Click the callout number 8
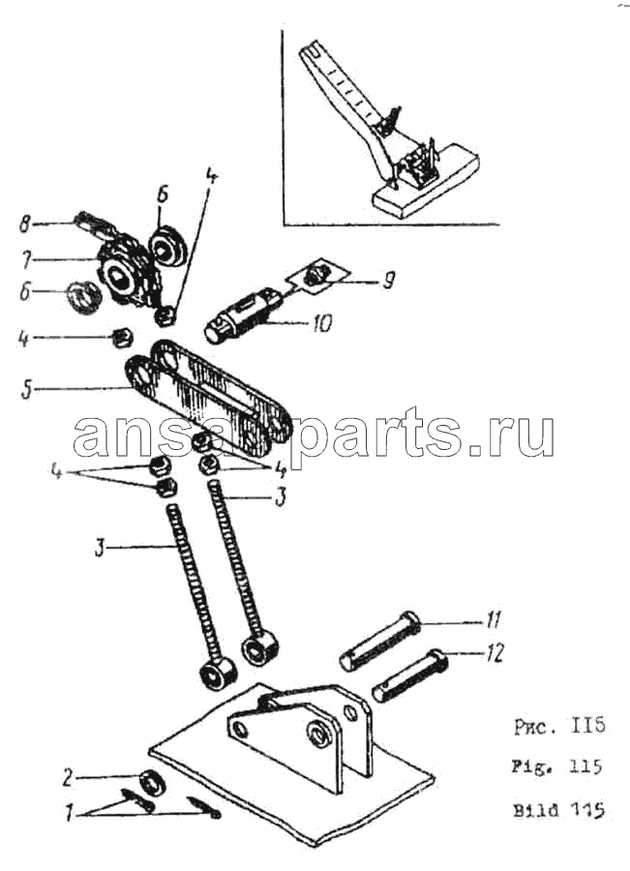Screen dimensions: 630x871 pyautogui.click(x=24, y=225)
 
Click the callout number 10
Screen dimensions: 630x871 pyautogui.click(x=322, y=322)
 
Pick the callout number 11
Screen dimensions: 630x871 pyautogui.click(x=493, y=619)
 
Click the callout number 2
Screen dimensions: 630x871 pyautogui.click(x=67, y=778)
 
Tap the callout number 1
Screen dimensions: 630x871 pyautogui.click(x=69, y=814)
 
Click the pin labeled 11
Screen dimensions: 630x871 pyautogui.click(x=380, y=640)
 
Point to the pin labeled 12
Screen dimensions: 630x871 pyautogui.click(x=410, y=676)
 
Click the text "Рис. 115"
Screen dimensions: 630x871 pyautogui.click(x=558, y=726)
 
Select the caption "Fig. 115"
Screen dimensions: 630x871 pyautogui.click(x=557, y=767)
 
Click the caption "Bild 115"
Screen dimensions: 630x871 pyautogui.click(x=558, y=809)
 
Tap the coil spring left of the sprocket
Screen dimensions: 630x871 pyautogui.click(x=84, y=296)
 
